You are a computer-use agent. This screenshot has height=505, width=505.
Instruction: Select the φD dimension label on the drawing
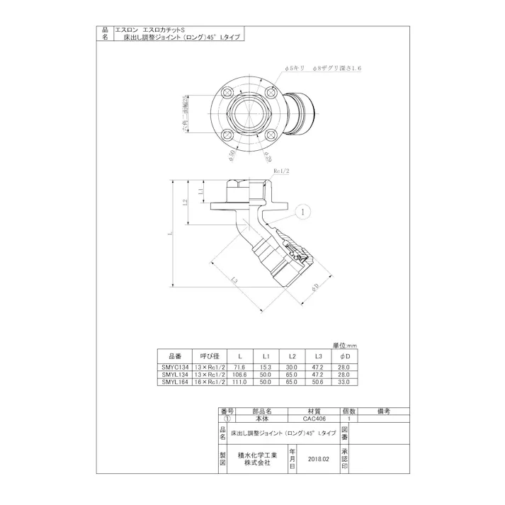316,285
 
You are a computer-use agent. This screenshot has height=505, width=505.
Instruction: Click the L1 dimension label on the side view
201,191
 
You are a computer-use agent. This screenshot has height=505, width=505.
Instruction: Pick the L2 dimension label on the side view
185,203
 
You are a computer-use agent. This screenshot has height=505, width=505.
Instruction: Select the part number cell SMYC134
174,368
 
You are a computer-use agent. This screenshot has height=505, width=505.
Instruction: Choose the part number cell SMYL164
174,382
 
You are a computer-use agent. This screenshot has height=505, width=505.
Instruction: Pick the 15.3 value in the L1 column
266,368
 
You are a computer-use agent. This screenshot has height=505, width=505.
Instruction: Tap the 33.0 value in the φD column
345,382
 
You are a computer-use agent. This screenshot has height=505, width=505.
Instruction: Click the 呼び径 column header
209,356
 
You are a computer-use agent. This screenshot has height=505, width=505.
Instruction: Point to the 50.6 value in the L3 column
318,382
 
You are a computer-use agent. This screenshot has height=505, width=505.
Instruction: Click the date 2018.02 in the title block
319,459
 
